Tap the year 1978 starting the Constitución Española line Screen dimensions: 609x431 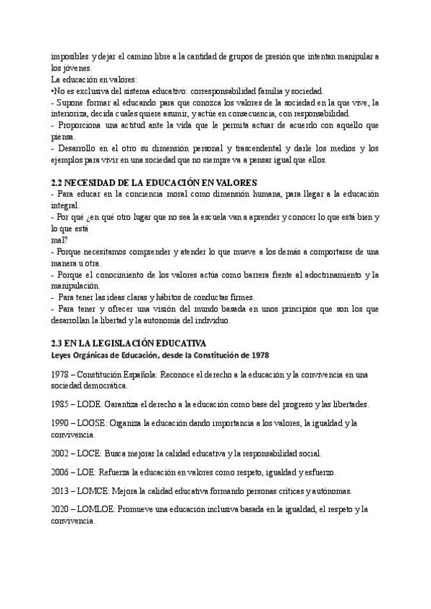[x=62, y=375]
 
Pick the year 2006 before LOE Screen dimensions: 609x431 [x=62, y=473]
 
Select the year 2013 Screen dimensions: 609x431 [x=62, y=491]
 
